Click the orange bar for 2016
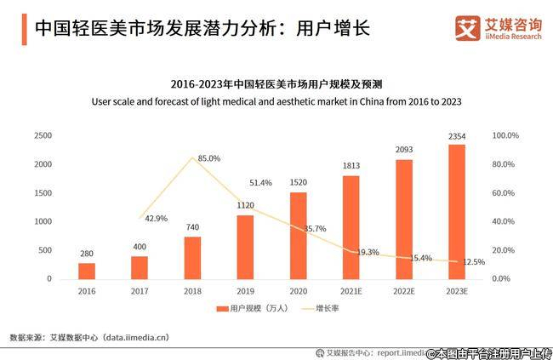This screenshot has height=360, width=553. tap(87, 271)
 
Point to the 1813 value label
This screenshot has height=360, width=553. tap(351, 165)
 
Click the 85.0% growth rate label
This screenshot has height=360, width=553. tap(209, 158)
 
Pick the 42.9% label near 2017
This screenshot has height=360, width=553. tap(157, 218)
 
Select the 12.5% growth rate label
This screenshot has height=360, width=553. tap(474, 262)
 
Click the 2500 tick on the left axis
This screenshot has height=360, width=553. tap(43, 135)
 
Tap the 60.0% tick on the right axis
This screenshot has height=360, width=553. tap(505, 192)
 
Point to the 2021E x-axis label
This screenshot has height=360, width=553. tap(351, 290)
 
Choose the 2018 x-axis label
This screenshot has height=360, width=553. tap(192, 290)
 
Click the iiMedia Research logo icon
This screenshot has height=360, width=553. tap(466, 27)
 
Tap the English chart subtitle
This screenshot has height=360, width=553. tap(276, 101)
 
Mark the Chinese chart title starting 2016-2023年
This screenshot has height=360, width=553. tap(276, 84)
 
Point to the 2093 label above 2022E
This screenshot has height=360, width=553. tap(404, 150)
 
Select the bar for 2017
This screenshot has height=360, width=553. tap(140, 267)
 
